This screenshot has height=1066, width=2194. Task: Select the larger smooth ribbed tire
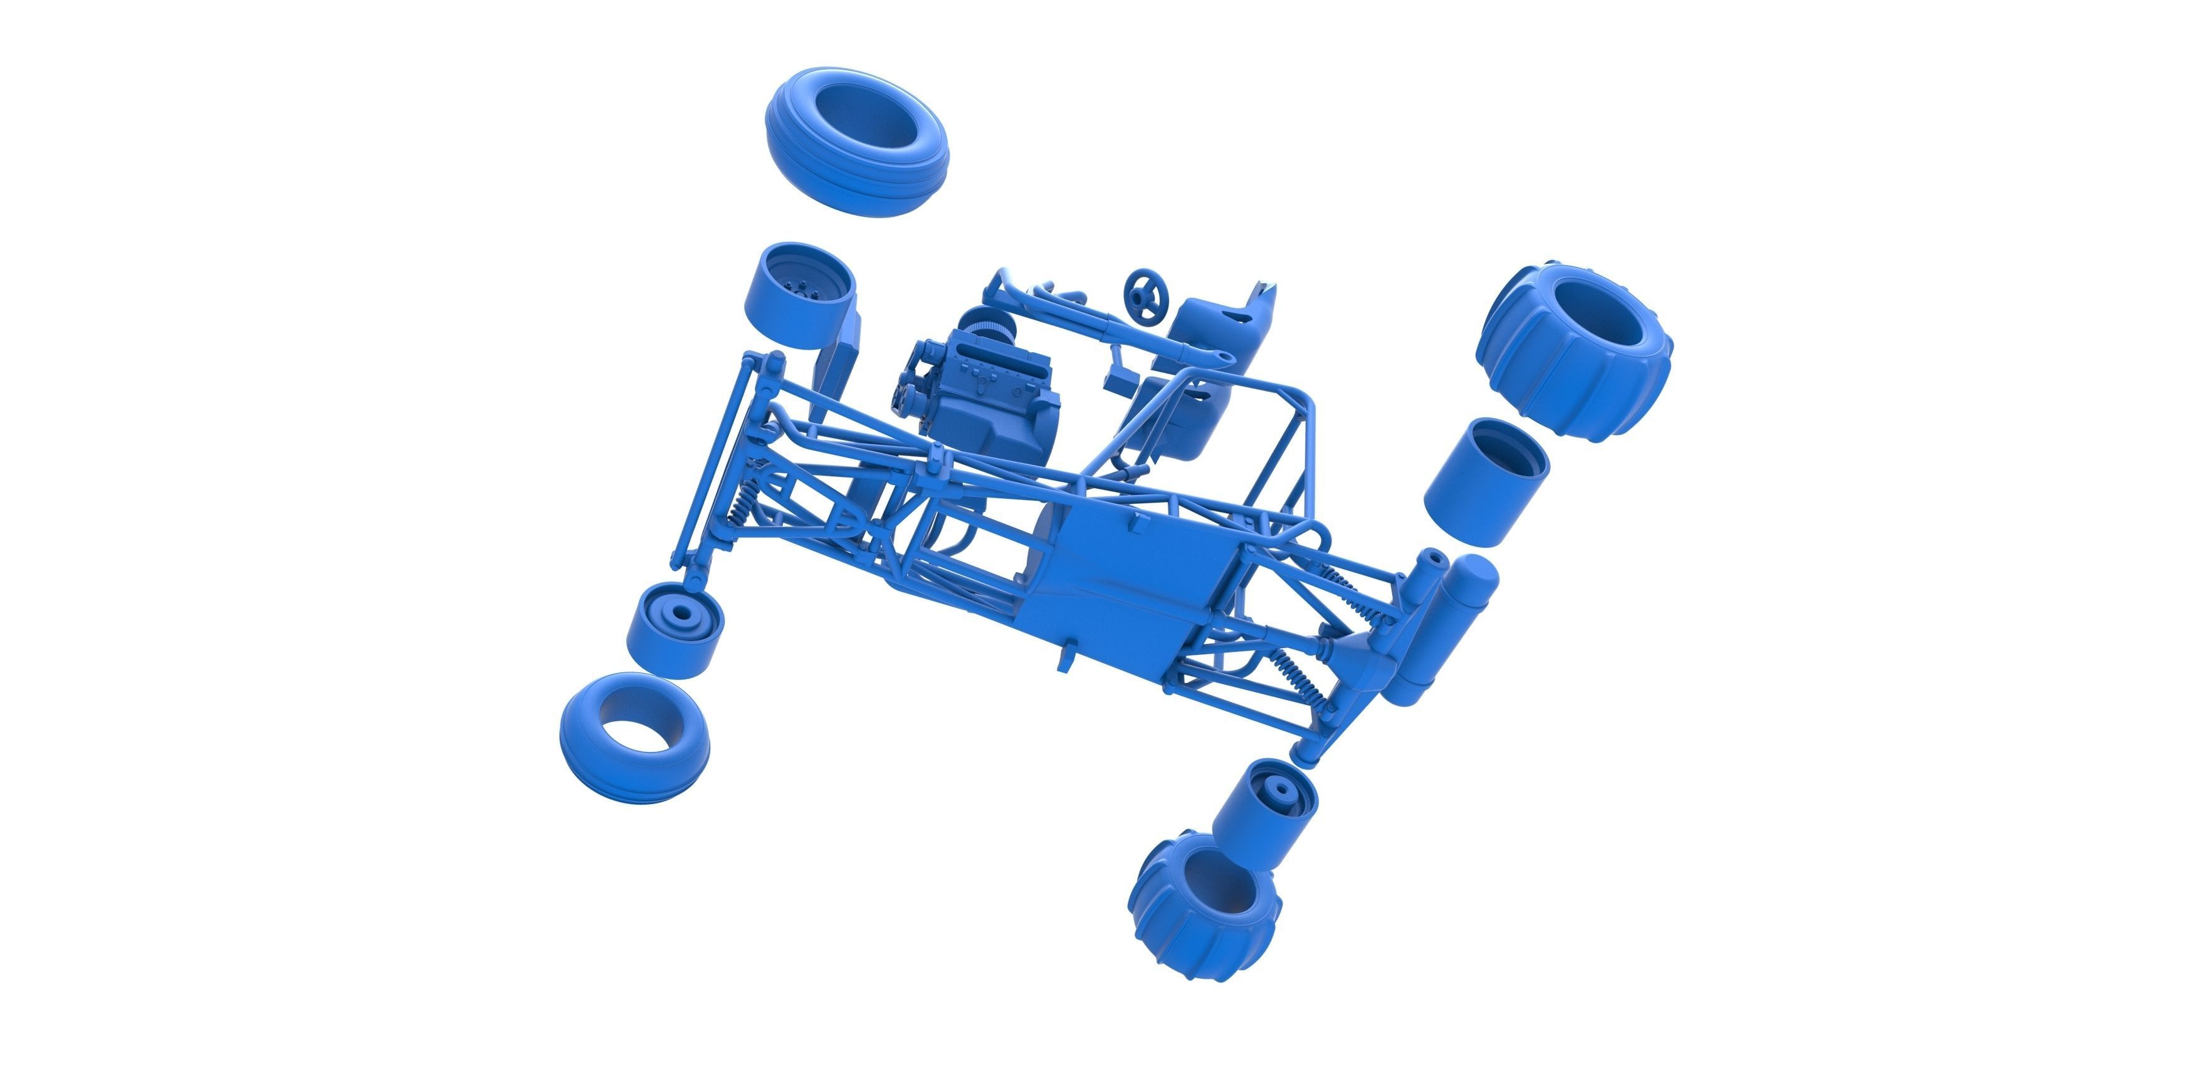pyautogui.click(x=856, y=140)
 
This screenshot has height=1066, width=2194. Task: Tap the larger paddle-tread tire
pyautogui.click(x=1576, y=353)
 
